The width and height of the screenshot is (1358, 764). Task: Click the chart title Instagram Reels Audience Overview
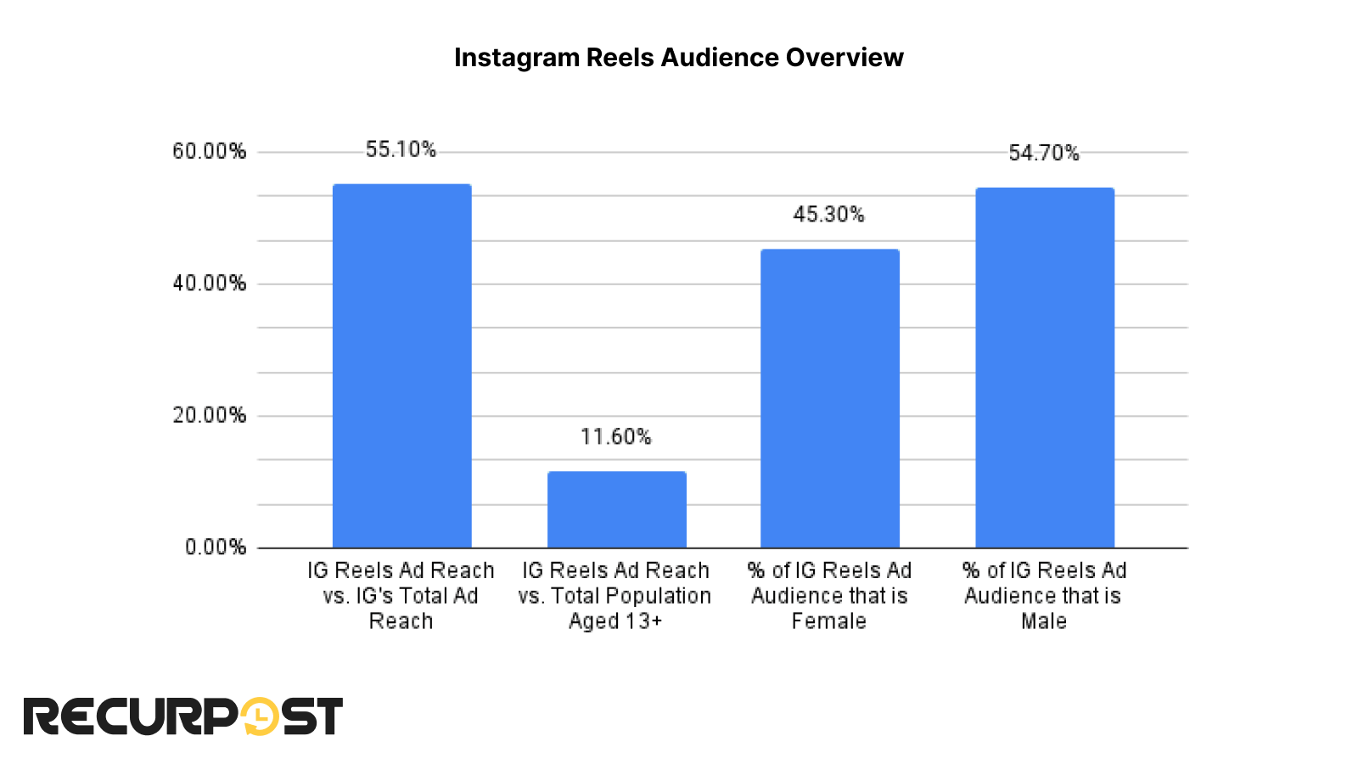[x=678, y=57]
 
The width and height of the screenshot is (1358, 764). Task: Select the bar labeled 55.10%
[x=401, y=365]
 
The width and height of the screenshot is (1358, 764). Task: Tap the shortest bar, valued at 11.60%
[x=616, y=509]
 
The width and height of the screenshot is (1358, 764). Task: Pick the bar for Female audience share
[x=829, y=399]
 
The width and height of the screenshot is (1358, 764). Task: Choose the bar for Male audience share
[x=1044, y=367]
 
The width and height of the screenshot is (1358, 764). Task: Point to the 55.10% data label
[x=401, y=149]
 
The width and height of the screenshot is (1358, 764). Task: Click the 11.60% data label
[x=615, y=436]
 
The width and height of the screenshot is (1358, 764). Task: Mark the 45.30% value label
[x=828, y=215]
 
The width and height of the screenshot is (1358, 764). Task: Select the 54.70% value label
[x=1043, y=153]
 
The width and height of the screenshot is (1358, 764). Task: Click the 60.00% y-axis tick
[x=209, y=151]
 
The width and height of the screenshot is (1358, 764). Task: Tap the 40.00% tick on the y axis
[x=209, y=284]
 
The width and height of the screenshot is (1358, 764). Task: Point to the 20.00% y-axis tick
[x=209, y=415]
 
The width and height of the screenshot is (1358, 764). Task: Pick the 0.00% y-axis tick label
[x=216, y=547]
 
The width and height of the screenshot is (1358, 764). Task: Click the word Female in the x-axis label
[x=828, y=621]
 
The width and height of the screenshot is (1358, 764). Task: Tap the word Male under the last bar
[x=1043, y=621]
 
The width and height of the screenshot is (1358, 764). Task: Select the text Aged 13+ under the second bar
[x=614, y=621]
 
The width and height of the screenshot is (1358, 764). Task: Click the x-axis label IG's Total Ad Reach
[x=401, y=596]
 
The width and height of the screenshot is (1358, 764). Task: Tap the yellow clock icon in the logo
[x=261, y=716]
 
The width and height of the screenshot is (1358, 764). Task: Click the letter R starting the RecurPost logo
[x=42, y=716]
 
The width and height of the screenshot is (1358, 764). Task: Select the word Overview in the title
[x=844, y=57]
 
